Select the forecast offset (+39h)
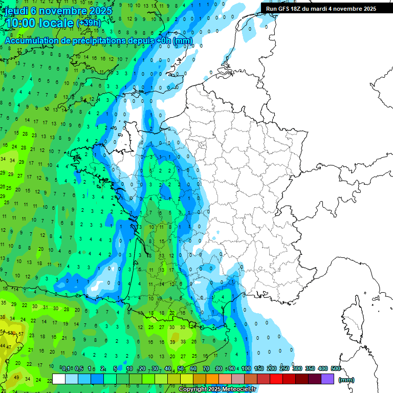click(x=89, y=23)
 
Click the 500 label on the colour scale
click(x=336, y=368)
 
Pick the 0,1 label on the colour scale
click(x=66, y=368)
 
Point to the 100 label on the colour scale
click(x=246, y=368)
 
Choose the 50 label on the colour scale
click(x=181, y=368)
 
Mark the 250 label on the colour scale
click(x=285, y=368)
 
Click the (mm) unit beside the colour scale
click(x=346, y=380)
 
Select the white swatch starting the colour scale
click(x=59, y=379)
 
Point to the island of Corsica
click(x=353, y=317)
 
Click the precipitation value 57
click(x=21, y=334)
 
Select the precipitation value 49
click(x=16, y=378)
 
